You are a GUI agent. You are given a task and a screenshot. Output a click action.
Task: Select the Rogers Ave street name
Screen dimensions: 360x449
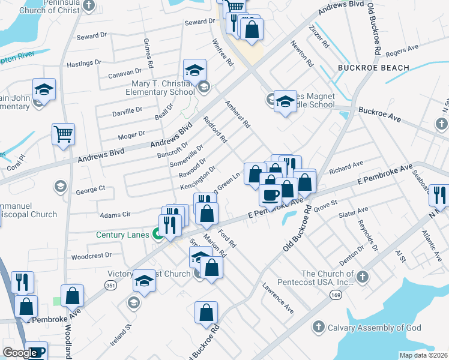click(402, 49)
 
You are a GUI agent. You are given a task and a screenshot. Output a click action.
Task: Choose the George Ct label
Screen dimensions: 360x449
click(91, 190)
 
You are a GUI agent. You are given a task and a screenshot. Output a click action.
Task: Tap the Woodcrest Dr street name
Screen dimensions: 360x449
click(91, 255)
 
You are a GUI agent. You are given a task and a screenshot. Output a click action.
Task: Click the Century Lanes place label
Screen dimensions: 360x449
click(122, 235)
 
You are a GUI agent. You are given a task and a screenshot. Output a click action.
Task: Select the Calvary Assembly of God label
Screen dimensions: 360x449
click(374, 328)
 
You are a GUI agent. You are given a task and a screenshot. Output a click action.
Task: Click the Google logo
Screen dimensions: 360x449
click(20, 353)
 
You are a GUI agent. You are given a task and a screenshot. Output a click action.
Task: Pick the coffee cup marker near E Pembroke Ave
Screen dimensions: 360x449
click(270, 194)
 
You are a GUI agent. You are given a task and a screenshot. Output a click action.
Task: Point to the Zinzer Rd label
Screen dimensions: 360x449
click(318, 35)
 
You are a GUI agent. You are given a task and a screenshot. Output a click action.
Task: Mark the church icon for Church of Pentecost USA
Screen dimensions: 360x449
click(361, 277)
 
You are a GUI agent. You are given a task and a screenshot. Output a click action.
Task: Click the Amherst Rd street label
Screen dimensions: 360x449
click(237, 113)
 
